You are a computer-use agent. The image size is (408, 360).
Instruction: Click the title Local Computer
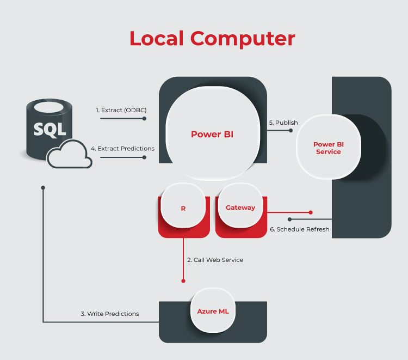pyautogui.click(x=212, y=39)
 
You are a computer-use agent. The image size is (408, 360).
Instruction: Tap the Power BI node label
pyautogui.click(x=212, y=135)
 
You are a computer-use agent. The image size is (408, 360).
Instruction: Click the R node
pyautogui.click(x=183, y=208)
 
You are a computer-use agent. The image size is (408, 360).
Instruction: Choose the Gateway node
pyautogui.click(x=240, y=208)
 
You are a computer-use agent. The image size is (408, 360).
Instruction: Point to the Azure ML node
pyautogui.click(x=213, y=311)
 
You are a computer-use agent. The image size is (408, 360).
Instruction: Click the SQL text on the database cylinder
pyautogui.click(x=50, y=130)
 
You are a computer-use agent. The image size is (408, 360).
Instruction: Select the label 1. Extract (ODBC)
pyautogui.click(x=121, y=110)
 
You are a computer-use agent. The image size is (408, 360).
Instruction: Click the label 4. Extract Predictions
pyautogui.click(x=122, y=149)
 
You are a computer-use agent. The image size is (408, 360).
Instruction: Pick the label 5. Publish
pyautogui.click(x=283, y=123)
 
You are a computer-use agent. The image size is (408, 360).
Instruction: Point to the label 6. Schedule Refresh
pyautogui.click(x=300, y=229)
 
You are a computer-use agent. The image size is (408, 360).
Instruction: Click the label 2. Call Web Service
pyautogui.click(x=215, y=260)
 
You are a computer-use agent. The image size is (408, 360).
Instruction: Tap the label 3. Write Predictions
pyautogui.click(x=110, y=314)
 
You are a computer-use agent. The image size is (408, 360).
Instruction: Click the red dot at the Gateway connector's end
pyautogui.click(x=311, y=212)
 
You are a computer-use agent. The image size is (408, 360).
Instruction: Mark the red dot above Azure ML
pyautogui.click(x=183, y=281)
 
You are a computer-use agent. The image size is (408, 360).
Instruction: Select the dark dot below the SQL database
pyautogui.click(x=43, y=187)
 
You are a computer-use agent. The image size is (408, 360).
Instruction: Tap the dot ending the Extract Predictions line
pyautogui.click(x=145, y=157)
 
